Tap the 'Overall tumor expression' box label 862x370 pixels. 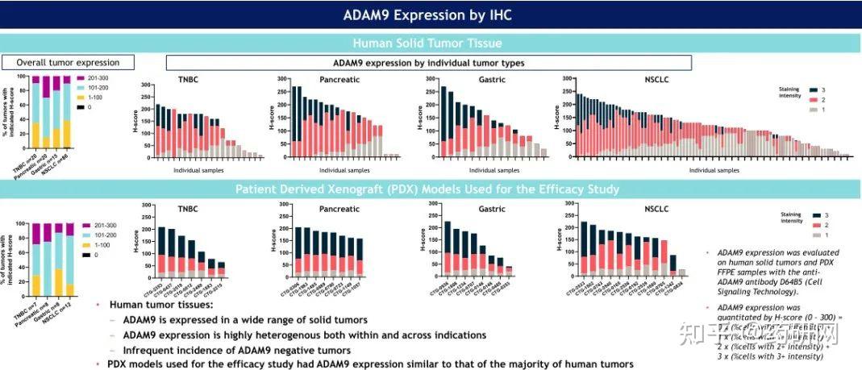(x=68, y=62)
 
